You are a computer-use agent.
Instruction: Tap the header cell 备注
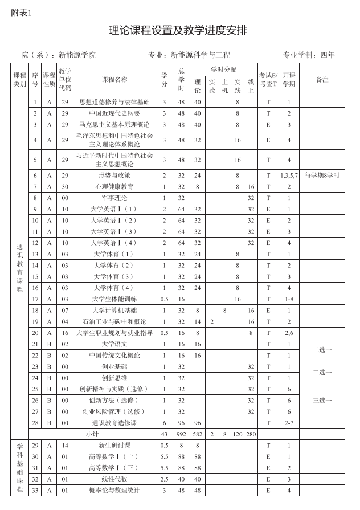coord(322,80)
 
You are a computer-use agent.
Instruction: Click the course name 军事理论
coord(114,198)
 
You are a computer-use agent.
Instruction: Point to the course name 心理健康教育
coord(114,186)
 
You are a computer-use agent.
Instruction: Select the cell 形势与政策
coord(114,175)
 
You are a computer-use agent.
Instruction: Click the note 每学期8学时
coord(322,176)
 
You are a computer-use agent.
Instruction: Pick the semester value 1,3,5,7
coord(289,176)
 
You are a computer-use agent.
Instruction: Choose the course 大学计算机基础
coord(114,311)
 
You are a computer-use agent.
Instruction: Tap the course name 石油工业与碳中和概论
coord(114,321)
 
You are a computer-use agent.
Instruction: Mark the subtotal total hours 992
coord(181,434)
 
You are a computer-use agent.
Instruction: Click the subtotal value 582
coord(197,434)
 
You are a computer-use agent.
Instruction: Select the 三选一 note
coord(322,400)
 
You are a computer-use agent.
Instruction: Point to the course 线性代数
coord(114,479)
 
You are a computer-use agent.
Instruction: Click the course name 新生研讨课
coord(114,445)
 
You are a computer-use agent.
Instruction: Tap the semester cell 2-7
coord(289,423)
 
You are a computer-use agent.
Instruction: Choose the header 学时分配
coord(223,69)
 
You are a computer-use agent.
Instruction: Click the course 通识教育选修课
coord(114,423)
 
